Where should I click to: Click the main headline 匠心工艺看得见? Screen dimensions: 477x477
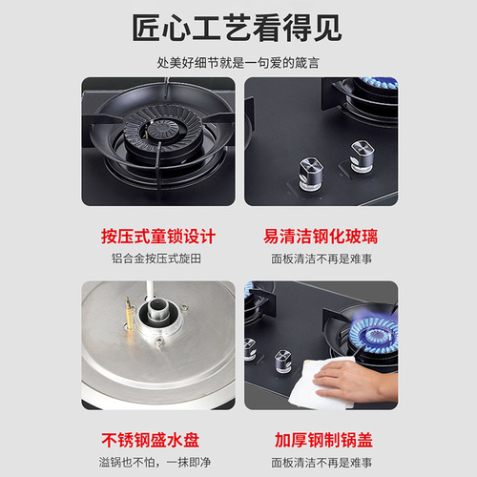point(238,27)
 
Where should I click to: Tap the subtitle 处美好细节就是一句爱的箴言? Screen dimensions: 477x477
point(238,62)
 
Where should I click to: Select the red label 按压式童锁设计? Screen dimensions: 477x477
point(158,236)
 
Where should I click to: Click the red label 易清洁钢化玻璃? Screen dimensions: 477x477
point(319,236)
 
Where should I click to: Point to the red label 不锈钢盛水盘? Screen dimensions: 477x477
point(158,441)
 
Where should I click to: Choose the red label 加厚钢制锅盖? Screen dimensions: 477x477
point(319,441)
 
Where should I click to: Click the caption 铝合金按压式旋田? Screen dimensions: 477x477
point(158,259)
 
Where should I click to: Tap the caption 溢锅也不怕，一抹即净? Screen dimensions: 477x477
point(158,463)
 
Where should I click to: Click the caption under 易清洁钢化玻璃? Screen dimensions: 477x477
point(319,259)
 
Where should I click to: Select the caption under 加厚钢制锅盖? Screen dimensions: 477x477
point(319,463)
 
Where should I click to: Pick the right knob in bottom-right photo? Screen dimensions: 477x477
point(283,360)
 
